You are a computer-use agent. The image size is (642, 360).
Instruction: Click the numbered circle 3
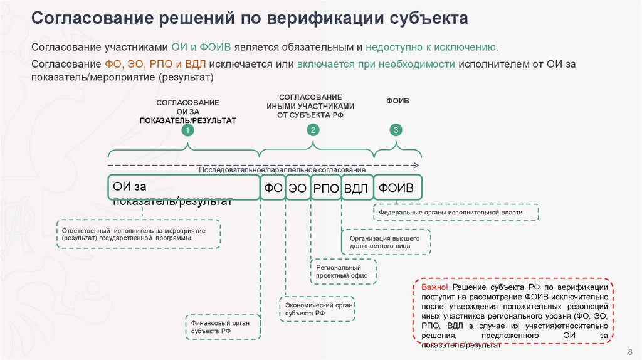(x=396, y=130)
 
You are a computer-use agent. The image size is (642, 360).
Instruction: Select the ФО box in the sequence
(x=273, y=188)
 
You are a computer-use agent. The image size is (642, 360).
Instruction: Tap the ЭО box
(x=297, y=188)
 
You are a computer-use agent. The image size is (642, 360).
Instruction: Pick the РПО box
(x=325, y=188)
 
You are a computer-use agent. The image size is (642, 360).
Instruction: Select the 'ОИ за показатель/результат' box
(x=183, y=188)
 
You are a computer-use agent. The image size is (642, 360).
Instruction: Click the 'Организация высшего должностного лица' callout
(x=386, y=242)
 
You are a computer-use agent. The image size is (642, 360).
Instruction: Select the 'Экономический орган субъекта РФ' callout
(x=317, y=309)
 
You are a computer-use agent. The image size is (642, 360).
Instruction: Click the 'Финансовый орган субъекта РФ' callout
(x=222, y=326)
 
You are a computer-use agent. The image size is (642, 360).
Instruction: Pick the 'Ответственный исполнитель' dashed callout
(x=139, y=234)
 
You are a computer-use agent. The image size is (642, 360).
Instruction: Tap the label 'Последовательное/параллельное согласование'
(x=282, y=171)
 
